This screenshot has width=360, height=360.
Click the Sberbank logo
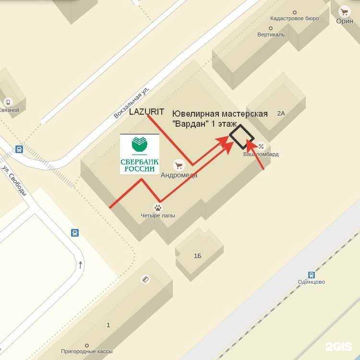point(139,154)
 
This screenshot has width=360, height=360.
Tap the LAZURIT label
point(147,112)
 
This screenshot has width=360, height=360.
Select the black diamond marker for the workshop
point(241,136)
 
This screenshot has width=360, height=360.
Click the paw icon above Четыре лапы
point(158,207)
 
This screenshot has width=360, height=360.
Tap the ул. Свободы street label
point(14,180)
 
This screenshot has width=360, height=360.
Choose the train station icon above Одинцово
point(311,275)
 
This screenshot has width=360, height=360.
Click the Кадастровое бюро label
point(294,19)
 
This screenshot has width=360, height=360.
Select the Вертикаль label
point(271,35)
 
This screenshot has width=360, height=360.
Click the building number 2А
point(281,113)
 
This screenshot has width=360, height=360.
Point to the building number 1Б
point(197,256)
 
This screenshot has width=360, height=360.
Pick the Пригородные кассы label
point(87,352)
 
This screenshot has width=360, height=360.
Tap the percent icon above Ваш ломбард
point(261,146)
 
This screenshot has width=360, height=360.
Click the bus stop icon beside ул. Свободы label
point(19,149)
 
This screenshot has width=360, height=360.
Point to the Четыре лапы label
point(158,216)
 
